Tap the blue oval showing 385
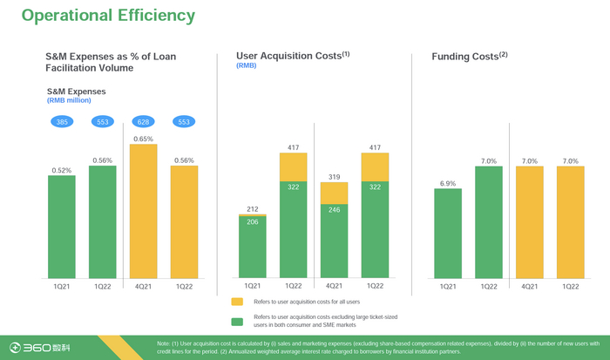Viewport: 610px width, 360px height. point(62,121)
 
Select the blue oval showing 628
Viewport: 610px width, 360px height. point(143,121)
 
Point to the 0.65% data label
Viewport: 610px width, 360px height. point(143,139)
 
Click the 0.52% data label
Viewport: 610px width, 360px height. point(62,170)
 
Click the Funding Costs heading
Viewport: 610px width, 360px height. point(469,58)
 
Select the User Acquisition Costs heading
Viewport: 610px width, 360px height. point(292,57)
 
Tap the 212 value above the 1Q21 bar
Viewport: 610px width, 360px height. point(252,209)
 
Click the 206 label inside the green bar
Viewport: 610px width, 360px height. point(252,223)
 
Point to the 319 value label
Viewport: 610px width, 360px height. point(333,177)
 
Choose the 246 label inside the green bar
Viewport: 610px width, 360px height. point(333,210)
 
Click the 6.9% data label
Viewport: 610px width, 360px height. point(448,183)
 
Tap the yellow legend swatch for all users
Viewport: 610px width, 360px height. point(237,302)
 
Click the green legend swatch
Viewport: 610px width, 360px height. point(237,321)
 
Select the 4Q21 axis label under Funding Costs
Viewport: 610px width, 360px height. point(530,287)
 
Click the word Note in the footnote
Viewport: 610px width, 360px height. point(165,343)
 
